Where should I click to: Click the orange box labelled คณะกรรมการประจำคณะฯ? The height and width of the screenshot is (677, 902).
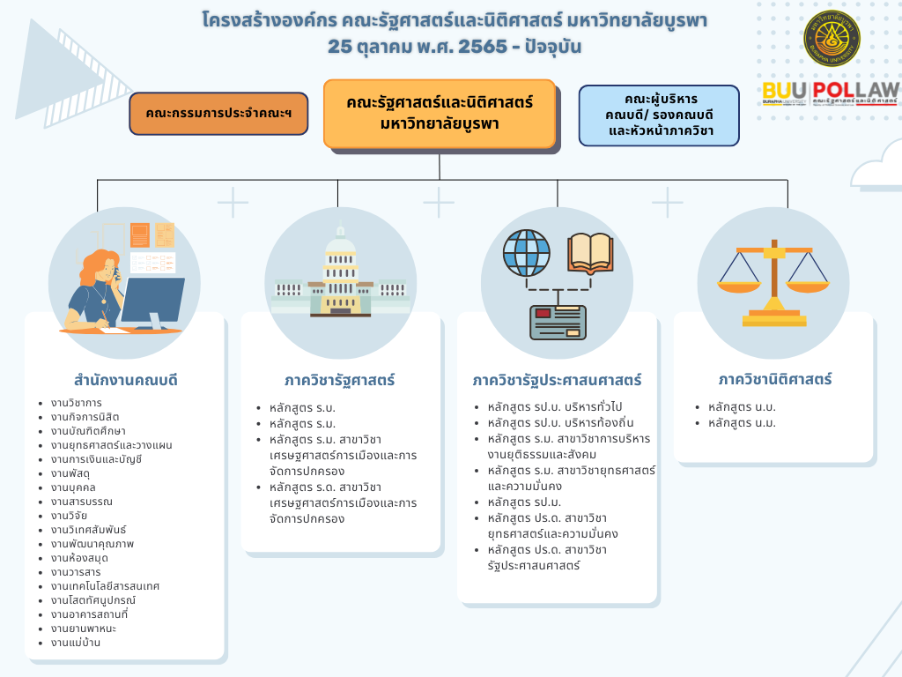pyautogui.click(x=219, y=114)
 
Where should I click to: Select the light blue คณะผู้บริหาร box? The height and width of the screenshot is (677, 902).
pyautogui.click(x=659, y=115)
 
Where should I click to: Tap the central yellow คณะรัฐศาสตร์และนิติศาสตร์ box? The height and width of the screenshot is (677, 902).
pyautogui.click(x=440, y=114)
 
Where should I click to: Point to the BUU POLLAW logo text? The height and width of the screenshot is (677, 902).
pyautogui.click(x=831, y=92)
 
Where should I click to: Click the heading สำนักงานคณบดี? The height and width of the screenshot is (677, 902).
pyautogui.click(x=126, y=381)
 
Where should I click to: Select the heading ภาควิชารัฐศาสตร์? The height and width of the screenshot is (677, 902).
pyautogui.click(x=340, y=381)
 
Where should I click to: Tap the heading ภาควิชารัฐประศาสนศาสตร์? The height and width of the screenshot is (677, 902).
pyautogui.click(x=557, y=381)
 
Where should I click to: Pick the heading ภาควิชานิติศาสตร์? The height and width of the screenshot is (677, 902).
pyautogui.click(x=774, y=380)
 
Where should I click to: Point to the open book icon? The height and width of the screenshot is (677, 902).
pyautogui.click(x=590, y=252)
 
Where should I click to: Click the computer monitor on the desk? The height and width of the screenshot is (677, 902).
pyautogui.click(x=152, y=300)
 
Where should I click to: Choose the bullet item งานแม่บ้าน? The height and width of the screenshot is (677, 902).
pyautogui.click(x=76, y=643)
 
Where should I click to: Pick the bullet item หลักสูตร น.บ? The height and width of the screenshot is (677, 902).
pyautogui.click(x=742, y=407)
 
